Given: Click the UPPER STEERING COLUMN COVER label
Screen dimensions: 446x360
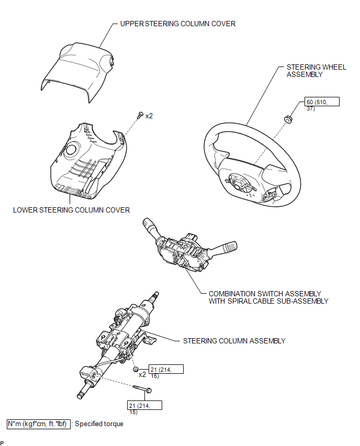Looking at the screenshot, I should (x=178, y=24).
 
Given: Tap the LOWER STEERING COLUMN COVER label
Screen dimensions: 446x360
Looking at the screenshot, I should (x=72, y=210).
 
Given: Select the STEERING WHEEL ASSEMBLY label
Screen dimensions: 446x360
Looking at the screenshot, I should (x=311, y=71).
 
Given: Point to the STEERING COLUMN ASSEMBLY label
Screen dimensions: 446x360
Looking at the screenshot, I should (x=234, y=341).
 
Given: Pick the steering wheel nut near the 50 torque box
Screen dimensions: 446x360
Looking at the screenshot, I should (x=287, y=120).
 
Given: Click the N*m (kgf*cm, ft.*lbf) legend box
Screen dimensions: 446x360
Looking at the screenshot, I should (x=37, y=423).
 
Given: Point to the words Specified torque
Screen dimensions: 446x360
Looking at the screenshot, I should (x=99, y=423).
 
